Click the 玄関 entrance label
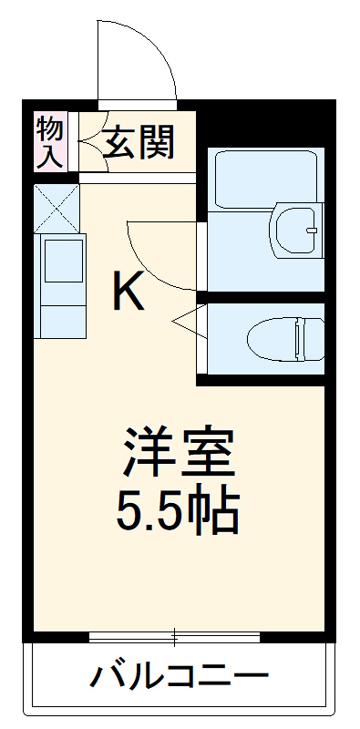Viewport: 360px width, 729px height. tap(138, 143)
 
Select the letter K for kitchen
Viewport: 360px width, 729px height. tap(129, 292)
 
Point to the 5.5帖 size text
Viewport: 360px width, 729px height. tap(179, 512)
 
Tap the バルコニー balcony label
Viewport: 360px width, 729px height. tap(180, 678)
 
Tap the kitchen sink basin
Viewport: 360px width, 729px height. tap(61, 260)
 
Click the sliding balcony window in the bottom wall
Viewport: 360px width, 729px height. tap(179, 634)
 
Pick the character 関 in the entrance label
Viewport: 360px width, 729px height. tap(156, 143)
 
